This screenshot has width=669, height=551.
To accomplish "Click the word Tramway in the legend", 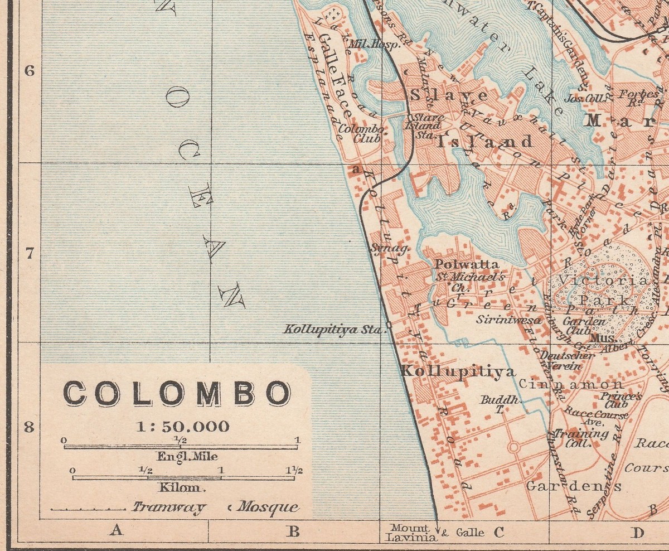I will click(x=169, y=507).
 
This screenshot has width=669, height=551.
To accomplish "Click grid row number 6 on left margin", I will click(x=30, y=71).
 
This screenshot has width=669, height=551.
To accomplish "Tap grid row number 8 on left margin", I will click(x=30, y=428).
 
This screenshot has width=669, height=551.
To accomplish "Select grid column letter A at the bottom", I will click(x=116, y=530).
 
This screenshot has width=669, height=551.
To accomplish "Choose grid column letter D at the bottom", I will click(x=637, y=533).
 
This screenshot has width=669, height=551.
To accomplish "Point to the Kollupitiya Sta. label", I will click(x=334, y=329).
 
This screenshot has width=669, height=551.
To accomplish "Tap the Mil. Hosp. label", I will click(x=374, y=45).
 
